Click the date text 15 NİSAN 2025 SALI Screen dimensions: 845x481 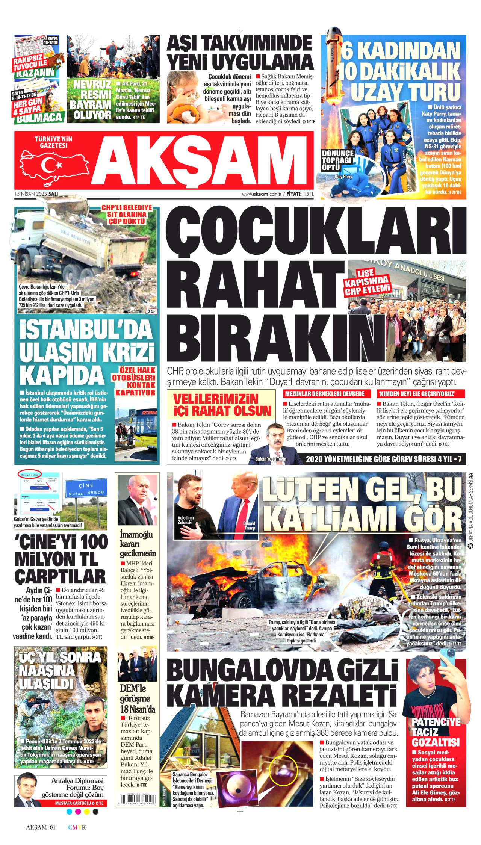tap(36, 194)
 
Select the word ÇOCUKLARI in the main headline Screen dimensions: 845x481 tap(316, 231)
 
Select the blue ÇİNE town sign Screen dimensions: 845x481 tap(85, 488)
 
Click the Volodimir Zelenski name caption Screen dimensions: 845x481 tap(186, 520)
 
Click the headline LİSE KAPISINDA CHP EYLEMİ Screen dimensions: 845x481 tap(367, 281)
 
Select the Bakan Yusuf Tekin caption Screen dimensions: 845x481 tap(271, 459)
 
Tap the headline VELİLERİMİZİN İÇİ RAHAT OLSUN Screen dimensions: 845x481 tap(222, 404)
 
